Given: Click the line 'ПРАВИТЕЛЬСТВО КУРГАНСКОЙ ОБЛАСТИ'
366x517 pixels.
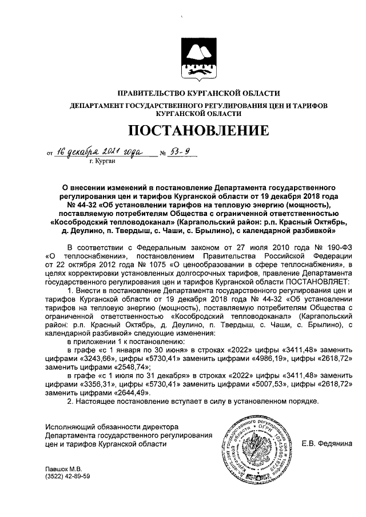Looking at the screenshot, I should tap(198, 93).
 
